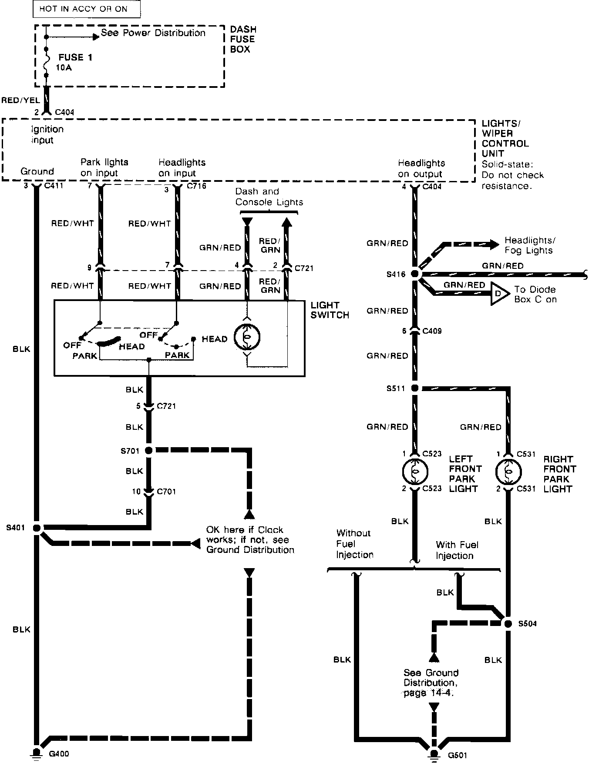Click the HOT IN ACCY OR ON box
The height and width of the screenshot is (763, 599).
(87, 9)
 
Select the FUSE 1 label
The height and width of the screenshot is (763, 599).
(75, 57)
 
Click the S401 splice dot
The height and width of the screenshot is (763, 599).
(37, 528)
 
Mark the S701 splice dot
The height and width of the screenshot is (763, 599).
(149, 450)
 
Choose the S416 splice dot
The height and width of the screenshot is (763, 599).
(415, 274)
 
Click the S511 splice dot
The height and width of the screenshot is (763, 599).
(415, 388)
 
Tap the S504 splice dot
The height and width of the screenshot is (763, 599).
(508, 623)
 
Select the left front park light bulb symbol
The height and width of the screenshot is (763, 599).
(415, 471)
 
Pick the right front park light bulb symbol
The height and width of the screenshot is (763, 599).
(508, 472)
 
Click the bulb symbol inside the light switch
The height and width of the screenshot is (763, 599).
(247, 337)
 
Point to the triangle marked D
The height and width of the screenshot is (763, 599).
(499, 294)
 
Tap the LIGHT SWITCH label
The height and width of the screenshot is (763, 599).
(330, 310)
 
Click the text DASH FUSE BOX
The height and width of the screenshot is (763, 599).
(243, 39)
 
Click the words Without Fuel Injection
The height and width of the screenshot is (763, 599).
(354, 544)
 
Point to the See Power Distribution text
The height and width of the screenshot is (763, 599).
(153, 33)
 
